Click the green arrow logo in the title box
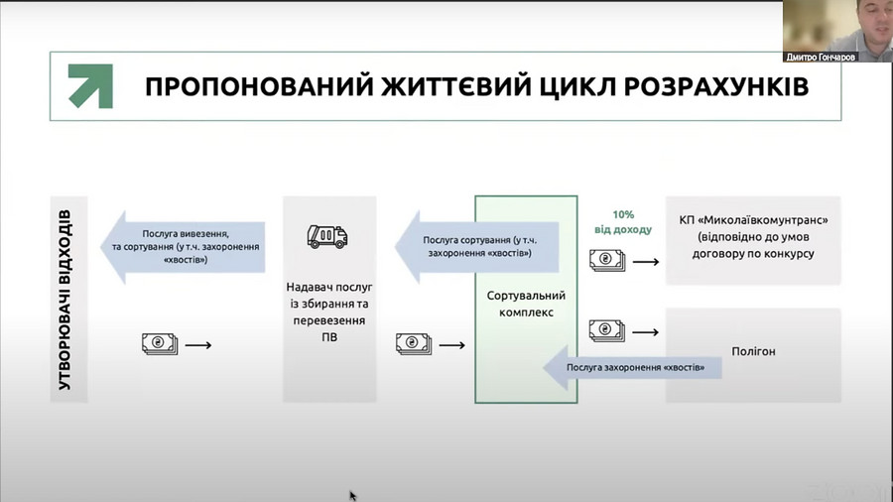[90, 86]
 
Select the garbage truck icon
[327, 236]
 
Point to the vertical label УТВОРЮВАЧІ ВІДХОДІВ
[65, 300]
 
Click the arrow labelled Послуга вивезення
[183, 247]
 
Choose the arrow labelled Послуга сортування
[476, 247]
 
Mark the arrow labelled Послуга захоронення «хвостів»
[633, 368]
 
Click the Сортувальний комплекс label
[526, 304]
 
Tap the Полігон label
[753, 352]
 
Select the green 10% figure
[623, 214]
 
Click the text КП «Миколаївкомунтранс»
[753, 220]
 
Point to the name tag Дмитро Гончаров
[821, 57]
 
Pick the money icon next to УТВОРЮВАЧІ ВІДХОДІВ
[160, 344]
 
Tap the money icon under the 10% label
[607, 261]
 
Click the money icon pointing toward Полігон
[607, 330]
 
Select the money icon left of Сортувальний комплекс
[414, 344]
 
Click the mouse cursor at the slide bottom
[352, 496]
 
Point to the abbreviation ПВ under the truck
[329, 337]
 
